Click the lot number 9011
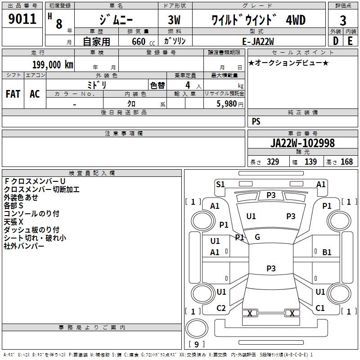(22, 19)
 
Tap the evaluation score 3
(343, 21)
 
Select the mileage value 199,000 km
(52, 64)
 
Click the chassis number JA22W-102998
(302, 143)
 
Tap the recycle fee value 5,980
(226, 103)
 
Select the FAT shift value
(13, 94)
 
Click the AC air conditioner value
(35, 94)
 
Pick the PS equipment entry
(256, 121)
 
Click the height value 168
(346, 162)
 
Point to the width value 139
(310, 162)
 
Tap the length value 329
(273, 162)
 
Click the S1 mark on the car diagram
(220, 184)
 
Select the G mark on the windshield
(257, 237)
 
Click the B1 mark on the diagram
(327, 252)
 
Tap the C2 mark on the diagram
(221, 308)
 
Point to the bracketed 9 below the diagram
(197, 345)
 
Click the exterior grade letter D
(335, 41)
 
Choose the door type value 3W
(175, 21)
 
